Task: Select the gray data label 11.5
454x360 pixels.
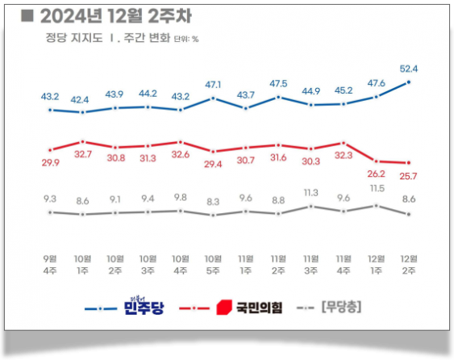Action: (x=376, y=188)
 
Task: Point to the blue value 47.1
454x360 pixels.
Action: (x=213, y=84)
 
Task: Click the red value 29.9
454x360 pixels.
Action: (x=50, y=163)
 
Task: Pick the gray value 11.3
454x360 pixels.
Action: (x=310, y=192)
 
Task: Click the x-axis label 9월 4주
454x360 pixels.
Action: (x=50, y=264)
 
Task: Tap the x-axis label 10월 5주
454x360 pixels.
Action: (x=213, y=264)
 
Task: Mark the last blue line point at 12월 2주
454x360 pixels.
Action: (x=409, y=82)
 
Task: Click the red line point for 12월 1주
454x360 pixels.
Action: (x=376, y=161)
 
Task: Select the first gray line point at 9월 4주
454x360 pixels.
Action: (x=50, y=212)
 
